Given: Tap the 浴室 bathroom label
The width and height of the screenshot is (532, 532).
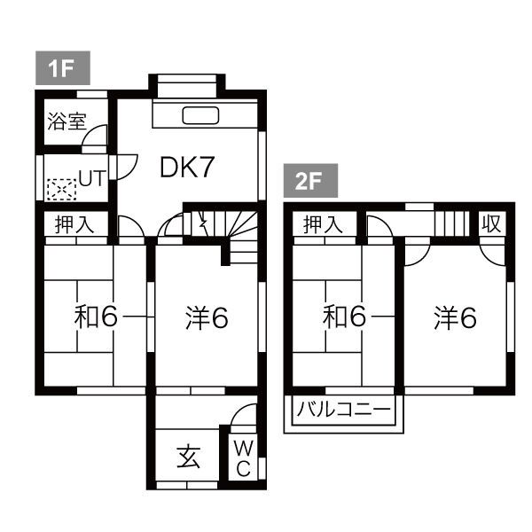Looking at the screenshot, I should coord(66,121).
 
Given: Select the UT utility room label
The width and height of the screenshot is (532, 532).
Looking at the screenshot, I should coord(92,178).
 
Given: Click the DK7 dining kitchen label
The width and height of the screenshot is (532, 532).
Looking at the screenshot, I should coord(187,168).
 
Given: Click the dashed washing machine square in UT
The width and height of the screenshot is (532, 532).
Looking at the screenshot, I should coord(61,189).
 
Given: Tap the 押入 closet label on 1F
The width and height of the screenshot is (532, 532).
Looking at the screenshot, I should coord(74,225).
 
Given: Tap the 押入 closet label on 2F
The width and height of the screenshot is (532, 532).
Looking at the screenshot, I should coord(323,225).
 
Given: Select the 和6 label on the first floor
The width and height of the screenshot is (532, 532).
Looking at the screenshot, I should coord(96,317).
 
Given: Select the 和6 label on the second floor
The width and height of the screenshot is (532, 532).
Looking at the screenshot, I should coord(345,317).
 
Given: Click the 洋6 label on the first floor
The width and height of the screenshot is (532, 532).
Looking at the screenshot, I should coord(207,317).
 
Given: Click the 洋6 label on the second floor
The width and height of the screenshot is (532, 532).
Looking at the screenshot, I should coord(455,317).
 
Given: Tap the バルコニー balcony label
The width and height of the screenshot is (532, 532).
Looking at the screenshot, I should coord(343,411).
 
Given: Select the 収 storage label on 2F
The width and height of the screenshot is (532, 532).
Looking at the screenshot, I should coord(491,224).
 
